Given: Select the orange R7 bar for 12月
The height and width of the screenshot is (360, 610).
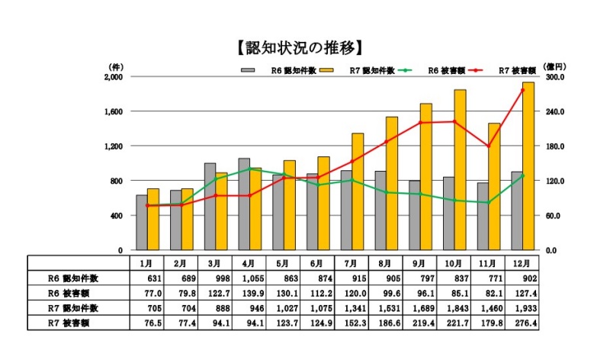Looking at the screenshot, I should coord(528,166).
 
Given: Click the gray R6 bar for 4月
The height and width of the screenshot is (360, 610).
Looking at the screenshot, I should coord(244,204).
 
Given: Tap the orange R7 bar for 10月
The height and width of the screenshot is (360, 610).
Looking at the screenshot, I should coord(460,170).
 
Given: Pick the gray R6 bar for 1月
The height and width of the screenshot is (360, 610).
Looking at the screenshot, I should coord(142,222).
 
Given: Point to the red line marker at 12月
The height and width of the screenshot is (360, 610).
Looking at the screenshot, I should coord(522,90).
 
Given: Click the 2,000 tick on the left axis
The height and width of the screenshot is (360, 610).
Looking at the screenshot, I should coord(112,77).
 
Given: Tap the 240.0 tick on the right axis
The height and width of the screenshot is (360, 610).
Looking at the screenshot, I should coord(554,111).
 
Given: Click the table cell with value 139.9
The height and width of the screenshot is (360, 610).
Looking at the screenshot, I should coord(249,294).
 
